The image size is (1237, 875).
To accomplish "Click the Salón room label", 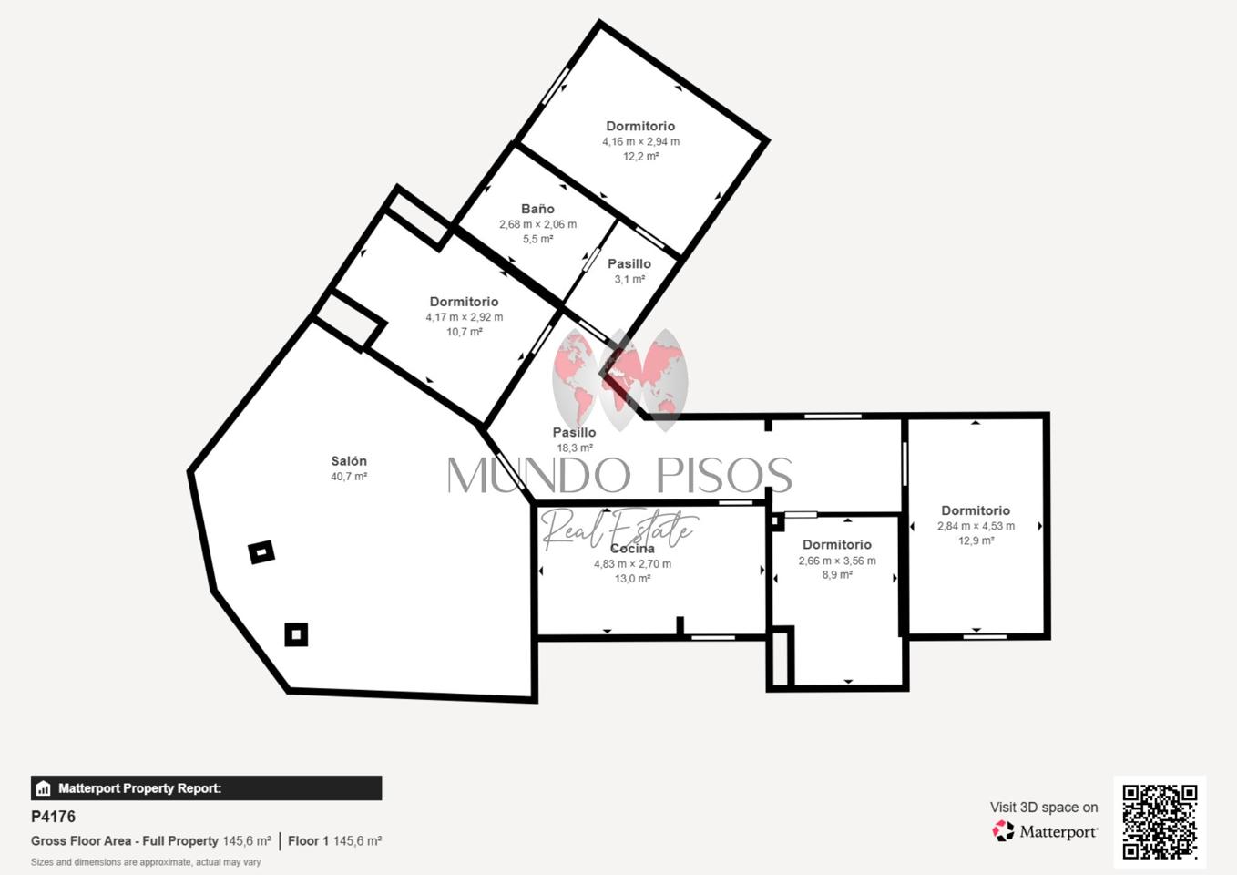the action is point(349,461).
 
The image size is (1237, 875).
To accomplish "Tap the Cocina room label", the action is point(632,549).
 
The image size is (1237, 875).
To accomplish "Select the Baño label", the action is point(537,209).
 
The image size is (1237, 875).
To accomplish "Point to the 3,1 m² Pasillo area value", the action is point(629,280).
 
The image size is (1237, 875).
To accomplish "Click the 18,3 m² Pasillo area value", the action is point(574,448).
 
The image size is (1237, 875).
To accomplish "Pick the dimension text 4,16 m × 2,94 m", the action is point(640,142).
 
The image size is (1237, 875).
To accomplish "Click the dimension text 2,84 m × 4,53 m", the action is point(976,527).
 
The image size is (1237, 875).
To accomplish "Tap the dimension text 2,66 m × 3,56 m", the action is point(836,561).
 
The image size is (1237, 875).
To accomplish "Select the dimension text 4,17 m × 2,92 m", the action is point(464,317).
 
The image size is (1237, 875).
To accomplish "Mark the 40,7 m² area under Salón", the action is point(349,477).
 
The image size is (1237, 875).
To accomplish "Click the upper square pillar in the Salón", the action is point(261,551).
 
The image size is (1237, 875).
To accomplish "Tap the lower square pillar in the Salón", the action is point(297,634).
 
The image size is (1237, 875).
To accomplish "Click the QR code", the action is point(1160,822).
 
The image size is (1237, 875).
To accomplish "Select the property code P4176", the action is point(53,817).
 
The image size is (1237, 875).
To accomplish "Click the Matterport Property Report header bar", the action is point(206,787).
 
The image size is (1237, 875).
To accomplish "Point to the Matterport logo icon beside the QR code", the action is point(1003,831).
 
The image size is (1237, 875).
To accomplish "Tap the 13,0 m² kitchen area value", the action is point(632,579).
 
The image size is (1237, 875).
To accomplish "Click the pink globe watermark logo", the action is point(620,379).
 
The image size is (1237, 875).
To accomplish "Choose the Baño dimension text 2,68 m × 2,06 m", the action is point(537,225).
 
